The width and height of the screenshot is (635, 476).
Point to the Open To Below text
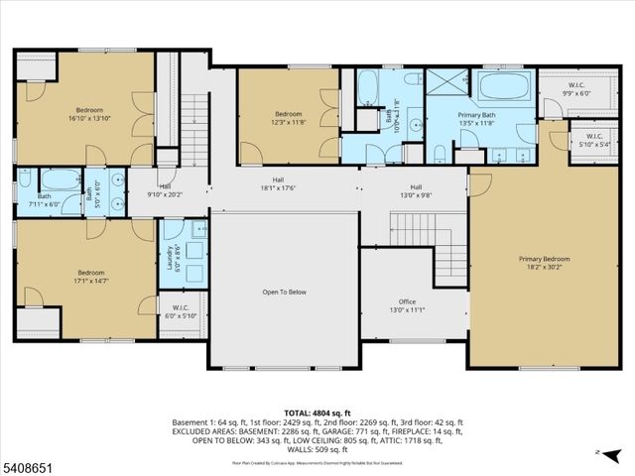click(283, 293)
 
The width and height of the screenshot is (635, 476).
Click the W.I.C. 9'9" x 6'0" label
click(575, 89)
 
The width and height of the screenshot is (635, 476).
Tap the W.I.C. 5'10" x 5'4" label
click(593, 139)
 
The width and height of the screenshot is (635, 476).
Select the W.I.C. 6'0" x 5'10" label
click(181, 311)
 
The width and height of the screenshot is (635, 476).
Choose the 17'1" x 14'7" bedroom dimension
click(91, 281)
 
